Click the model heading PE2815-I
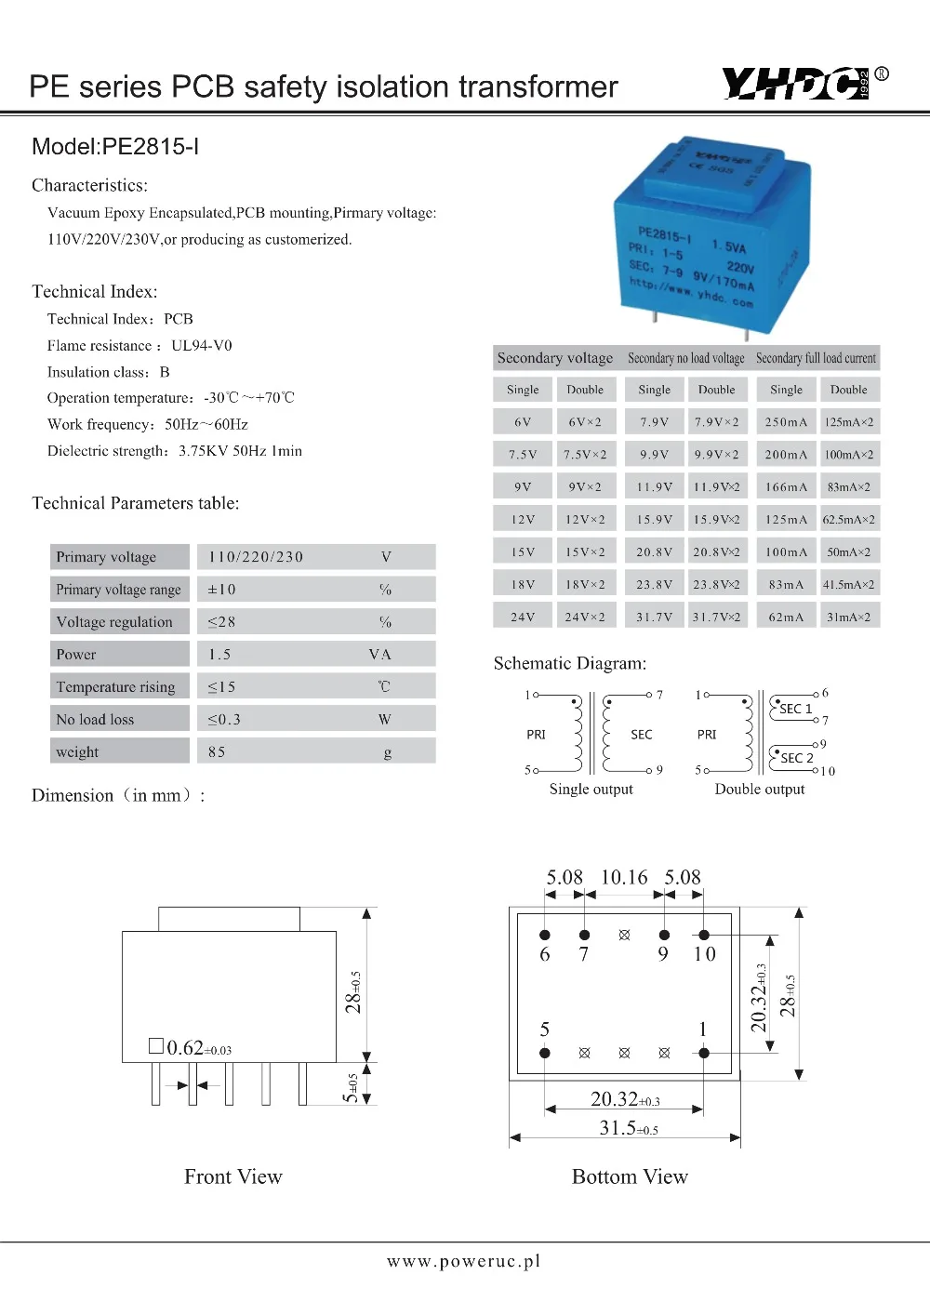pyautogui.click(x=115, y=147)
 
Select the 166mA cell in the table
pyautogui.click(x=786, y=487)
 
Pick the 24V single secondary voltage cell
pyautogui.click(x=523, y=617)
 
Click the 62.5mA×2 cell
pyautogui.click(x=848, y=520)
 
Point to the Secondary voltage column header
pyautogui.click(x=555, y=358)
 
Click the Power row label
pyautogui.click(x=76, y=655)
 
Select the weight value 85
pyautogui.click(x=217, y=752)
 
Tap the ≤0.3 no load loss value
pyautogui.click(x=224, y=720)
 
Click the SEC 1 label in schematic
pyautogui.click(x=795, y=709)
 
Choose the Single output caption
pyautogui.click(x=591, y=790)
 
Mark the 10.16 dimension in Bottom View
pyautogui.click(x=624, y=878)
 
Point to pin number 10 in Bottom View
pyautogui.click(x=704, y=954)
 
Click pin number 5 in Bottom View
pyautogui.click(x=545, y=1029)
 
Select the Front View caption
pyautogui.click(x=232, y=1177)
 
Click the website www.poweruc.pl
pyautogui.click(x=463, y=1262)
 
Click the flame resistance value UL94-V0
pyautogui.click(x=202, y=346)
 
